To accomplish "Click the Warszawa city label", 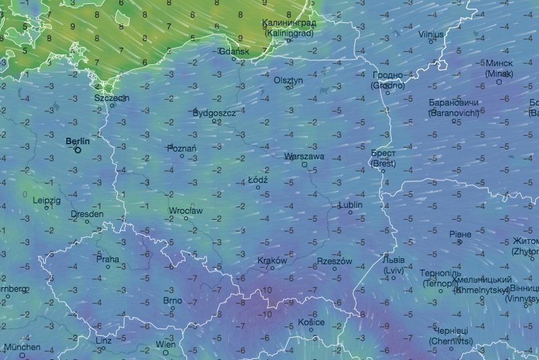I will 305,156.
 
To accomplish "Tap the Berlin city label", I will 77,142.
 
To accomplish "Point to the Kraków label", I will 272,261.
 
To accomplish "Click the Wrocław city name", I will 186,211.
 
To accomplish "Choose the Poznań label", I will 183,148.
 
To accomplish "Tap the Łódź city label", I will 258,181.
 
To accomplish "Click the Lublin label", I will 350,204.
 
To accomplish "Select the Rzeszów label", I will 334,261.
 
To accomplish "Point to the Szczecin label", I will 112,98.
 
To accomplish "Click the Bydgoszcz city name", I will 214,113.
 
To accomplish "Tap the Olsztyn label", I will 289,80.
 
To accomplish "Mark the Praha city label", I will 108,258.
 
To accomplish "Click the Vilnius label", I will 431,34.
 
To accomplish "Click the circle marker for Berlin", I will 78,151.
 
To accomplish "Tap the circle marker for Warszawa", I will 305,164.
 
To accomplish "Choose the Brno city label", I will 172,301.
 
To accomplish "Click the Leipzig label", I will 46,200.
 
